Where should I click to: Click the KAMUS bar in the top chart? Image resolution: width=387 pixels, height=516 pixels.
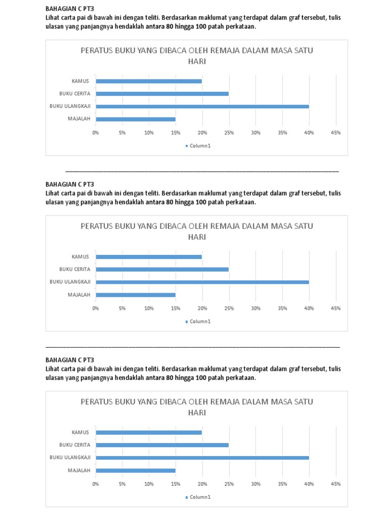point(149,81)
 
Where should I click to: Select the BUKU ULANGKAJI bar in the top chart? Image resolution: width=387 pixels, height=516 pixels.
point(202,106)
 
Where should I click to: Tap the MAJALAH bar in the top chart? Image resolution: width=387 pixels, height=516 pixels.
point(136,119)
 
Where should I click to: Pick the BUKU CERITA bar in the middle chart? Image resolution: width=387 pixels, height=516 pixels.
point(162,269)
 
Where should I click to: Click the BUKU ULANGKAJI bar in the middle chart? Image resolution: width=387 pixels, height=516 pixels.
point(202,282)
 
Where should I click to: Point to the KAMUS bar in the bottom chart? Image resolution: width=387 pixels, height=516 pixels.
point(149,432)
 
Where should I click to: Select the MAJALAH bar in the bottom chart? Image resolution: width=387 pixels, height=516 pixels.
point(136,471)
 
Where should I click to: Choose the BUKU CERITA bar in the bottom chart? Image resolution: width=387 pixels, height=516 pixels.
point(162,445)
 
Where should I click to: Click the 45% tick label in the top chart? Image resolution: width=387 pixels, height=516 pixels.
point(336,133)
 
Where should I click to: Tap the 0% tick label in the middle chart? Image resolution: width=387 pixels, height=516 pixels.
point(96,308)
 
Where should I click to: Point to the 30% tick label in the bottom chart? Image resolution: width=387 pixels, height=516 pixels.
point(255,484)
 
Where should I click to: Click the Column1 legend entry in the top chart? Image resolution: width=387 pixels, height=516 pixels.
point(198,146)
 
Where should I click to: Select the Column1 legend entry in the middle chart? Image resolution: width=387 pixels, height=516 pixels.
point(198,321)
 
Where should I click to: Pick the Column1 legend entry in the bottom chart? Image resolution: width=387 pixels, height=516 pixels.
point(198,497)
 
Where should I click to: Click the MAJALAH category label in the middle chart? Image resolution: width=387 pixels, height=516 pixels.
point(79,295)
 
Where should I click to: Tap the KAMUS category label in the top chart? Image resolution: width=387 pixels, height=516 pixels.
point(80,81)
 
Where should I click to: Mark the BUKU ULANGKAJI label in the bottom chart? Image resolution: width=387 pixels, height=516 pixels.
point(70,458)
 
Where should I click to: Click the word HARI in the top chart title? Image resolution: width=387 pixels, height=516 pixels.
point(197,61)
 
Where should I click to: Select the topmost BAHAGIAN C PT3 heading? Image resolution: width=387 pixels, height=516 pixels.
point(70,9)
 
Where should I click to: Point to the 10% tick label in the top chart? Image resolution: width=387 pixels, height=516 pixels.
point(149,133)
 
